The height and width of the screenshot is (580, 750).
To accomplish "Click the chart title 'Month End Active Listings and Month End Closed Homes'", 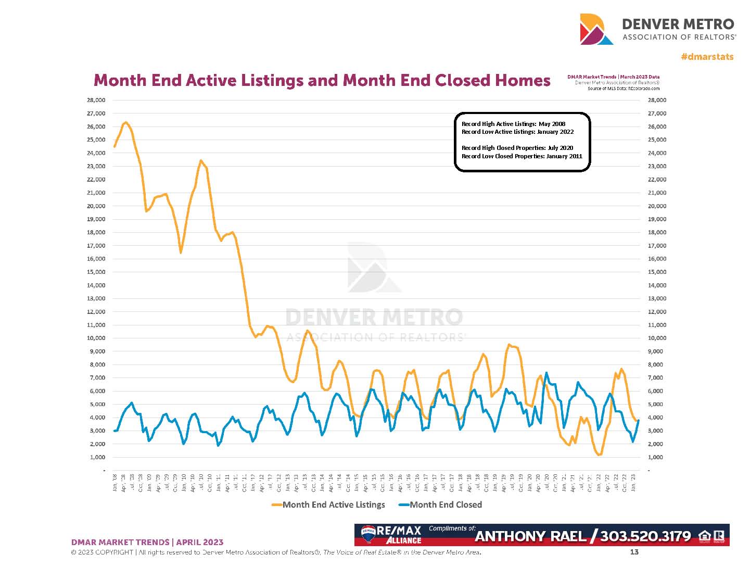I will pos(322,81).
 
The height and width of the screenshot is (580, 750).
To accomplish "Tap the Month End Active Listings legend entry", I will pos(333,505).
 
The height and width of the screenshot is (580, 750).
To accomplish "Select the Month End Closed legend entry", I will pos(446,505).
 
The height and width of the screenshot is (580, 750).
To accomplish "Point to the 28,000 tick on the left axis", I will pos(96,100).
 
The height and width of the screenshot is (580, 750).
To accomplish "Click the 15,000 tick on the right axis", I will pos(657,272).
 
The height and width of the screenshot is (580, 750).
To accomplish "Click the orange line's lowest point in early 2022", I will pos(600,455).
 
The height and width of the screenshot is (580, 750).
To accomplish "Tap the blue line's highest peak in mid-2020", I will pos(546,373).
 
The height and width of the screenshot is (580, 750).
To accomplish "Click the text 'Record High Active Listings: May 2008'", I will pos(513,124).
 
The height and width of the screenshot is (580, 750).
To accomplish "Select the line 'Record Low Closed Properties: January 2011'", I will pos(522,156).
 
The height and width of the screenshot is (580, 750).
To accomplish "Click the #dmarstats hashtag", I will pos(707,56).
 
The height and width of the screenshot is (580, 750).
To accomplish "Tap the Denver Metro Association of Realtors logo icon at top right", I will pos(596,30).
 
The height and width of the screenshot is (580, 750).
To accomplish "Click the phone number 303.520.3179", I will pos(645,536).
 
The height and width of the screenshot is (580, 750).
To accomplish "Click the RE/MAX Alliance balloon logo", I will pos(368,535).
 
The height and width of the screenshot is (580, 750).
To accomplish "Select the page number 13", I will pos(634,552).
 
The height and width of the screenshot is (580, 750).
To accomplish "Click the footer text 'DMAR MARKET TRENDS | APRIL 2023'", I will pos(147,542).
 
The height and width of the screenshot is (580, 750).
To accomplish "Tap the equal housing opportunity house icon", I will pos(705,536).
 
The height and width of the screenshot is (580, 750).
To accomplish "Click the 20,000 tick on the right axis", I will pos(657,206).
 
